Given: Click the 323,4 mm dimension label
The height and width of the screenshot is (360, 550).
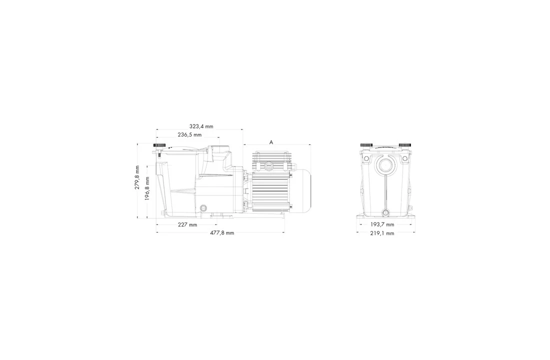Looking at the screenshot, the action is [x=201, y=126].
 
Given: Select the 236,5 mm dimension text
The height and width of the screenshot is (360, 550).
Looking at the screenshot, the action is [x=189, y=134].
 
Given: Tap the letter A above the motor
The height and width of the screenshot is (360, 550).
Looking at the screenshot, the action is [x=271, y=142].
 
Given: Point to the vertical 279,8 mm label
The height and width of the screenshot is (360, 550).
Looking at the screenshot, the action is [x=137, y=177].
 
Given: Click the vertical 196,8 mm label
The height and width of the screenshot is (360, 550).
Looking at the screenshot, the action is [x=147, y=188].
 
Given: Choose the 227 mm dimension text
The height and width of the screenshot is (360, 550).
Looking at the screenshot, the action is [x=187, y=224].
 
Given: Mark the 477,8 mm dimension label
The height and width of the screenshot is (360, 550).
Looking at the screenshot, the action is [x=222, y=232].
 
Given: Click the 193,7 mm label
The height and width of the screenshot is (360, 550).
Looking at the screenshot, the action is [x=382, y=224].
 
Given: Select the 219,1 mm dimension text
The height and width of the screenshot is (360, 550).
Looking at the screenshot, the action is [x=382, y=233].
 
